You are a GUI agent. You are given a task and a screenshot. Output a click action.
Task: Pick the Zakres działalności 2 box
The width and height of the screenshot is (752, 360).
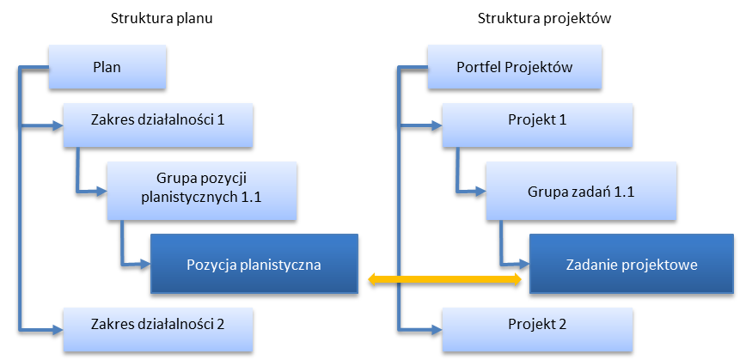coord(157,325)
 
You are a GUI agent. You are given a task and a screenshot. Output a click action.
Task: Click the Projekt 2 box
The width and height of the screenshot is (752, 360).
coord(537,325)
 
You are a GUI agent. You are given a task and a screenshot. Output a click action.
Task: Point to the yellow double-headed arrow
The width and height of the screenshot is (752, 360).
coord(444,279)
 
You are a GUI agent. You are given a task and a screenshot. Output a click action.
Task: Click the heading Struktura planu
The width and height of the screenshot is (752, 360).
coord(162,20)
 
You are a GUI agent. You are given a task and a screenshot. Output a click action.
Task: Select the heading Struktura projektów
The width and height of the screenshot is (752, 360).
coord(546,20)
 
